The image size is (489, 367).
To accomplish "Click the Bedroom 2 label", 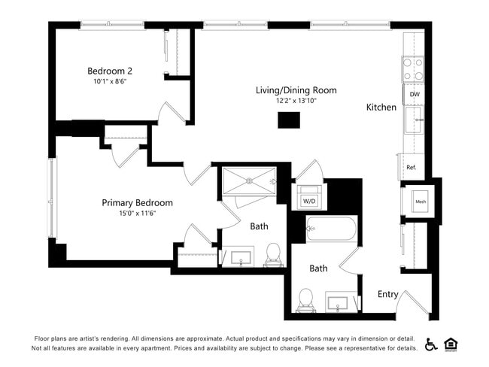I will coord(109,71).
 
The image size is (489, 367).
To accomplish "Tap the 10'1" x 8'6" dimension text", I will coord(110,82).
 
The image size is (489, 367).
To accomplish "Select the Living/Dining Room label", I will coord(296,90).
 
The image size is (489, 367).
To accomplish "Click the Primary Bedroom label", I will coord(137,202).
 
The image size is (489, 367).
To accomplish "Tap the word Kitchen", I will coord(381,108).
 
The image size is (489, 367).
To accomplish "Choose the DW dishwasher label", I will coord(414,95).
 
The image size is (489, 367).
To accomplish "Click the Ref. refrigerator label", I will coord(412,167).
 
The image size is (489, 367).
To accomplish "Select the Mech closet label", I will coord(421,202).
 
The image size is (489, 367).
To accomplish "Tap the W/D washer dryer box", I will coord(309,201).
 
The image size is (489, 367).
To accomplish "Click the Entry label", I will coord(387,294).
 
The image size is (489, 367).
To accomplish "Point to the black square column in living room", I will coord(288,120).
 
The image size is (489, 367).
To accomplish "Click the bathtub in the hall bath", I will coord(331,229).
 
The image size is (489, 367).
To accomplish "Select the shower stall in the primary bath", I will coord(249,180).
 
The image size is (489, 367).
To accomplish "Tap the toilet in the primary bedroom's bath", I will coord(273,254).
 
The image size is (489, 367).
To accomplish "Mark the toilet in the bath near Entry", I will coord(306,299).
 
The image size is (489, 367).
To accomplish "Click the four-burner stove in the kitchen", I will coord(413,69).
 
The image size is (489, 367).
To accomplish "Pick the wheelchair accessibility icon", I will coord(432,344).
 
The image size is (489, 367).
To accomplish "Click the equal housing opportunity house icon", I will coord(451,344).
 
